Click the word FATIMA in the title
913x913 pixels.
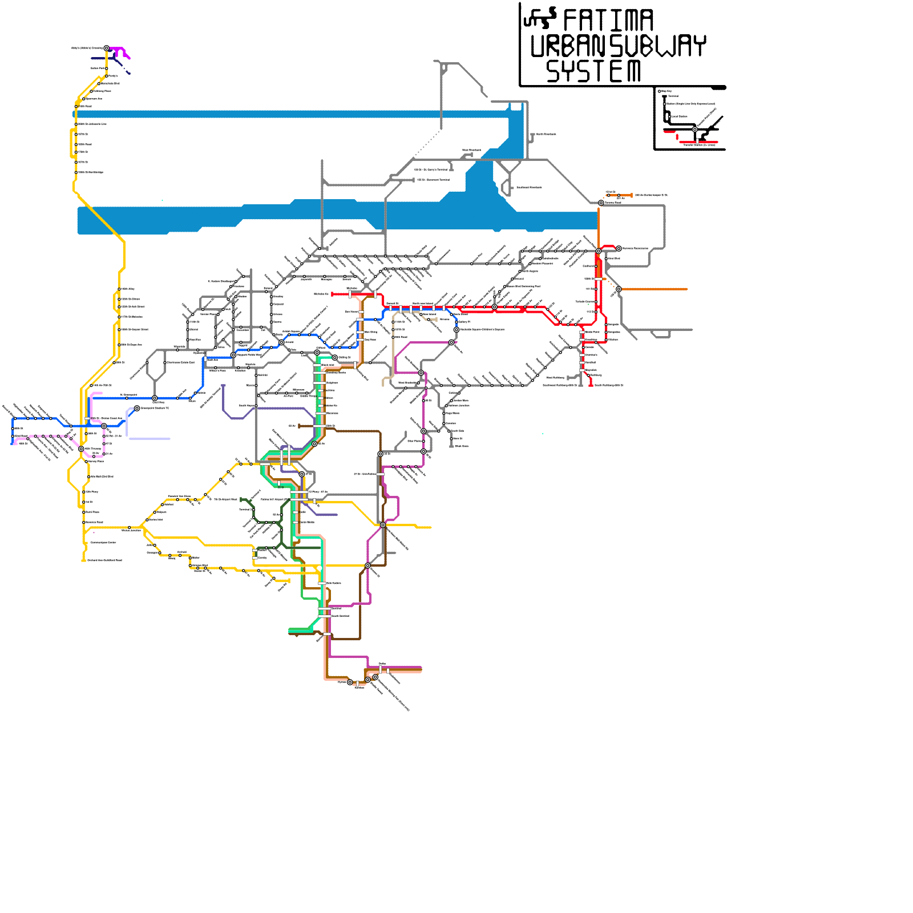(x=608, y=21)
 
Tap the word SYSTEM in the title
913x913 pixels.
(x=593, y=71)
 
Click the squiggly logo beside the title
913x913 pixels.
(x=539, y=18)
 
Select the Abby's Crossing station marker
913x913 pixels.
(x=107, y=49)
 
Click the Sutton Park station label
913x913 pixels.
(x=97, y=68)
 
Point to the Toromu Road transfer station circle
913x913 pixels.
(x=601, y=203)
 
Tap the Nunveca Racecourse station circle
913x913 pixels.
(x=619, y=248)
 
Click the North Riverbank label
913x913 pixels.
(x=546, y=134)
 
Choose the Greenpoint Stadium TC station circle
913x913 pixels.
(x=137, y=408)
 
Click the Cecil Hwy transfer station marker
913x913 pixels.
(x=155, y=398)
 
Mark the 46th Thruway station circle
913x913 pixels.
(x=81, y=449)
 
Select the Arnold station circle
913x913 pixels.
(x=281, y=342)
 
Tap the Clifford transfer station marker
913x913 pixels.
(x=317, y=353)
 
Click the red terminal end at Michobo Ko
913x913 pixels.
(x=333, y=294)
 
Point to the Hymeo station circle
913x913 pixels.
(x=350, y=682)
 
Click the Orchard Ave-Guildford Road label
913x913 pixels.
(x=104, y=560)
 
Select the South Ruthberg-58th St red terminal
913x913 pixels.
(x=591, y=385)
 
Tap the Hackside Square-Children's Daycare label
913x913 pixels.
(x=482, y=330)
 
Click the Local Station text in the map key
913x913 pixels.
(x=679, y=116)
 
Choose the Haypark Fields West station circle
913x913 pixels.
(x=233, y=355)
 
